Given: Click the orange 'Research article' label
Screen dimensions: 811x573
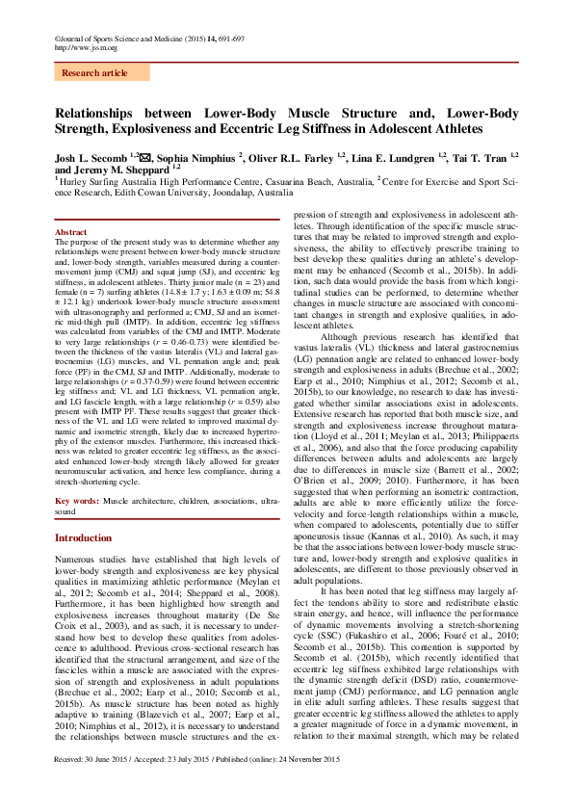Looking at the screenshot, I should [x=94, y=72].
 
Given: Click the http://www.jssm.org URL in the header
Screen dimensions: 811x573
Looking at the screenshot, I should [x=87, y=47].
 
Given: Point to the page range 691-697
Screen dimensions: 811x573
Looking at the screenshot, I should [x=229, y=38].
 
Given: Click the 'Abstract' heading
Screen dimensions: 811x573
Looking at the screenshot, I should [x=70, y=233].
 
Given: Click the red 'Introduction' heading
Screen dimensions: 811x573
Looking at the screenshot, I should [x=84, y=537].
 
